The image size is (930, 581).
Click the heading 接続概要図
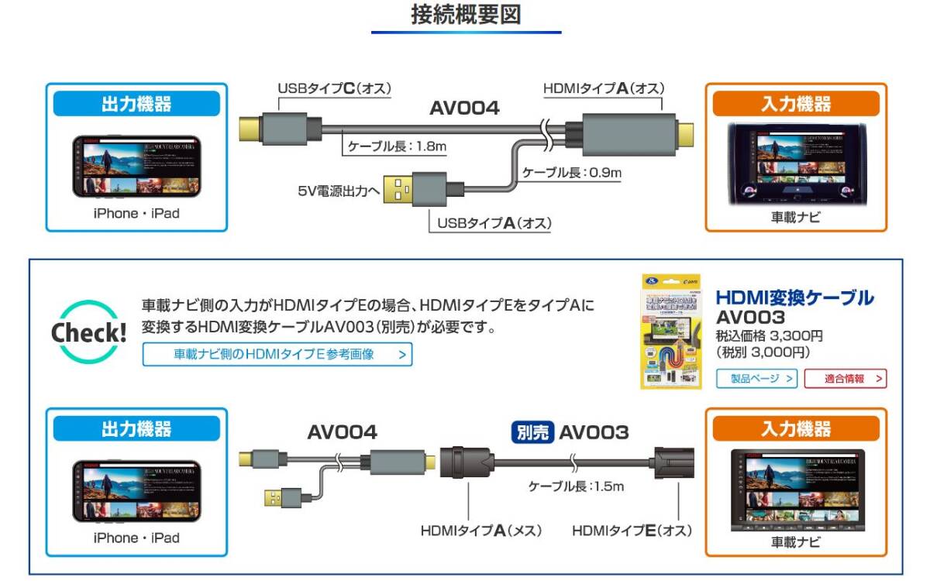click(465, 15)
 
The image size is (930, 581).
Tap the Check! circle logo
click(89, 332)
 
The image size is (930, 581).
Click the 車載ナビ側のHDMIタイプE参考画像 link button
click(277, 355)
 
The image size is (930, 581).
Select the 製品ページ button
click(757, 379)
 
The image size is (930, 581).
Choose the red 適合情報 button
click(845, 379)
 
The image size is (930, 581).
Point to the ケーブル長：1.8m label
click(397, 145)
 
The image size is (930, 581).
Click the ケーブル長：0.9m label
click(571, 172)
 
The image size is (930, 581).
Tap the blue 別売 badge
click(532, 431)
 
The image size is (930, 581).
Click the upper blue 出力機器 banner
click(136, 105)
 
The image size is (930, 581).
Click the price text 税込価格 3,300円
click(769, 335)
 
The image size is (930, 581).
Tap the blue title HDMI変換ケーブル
click(794, 297)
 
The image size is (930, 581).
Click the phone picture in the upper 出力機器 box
click(136, 167)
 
